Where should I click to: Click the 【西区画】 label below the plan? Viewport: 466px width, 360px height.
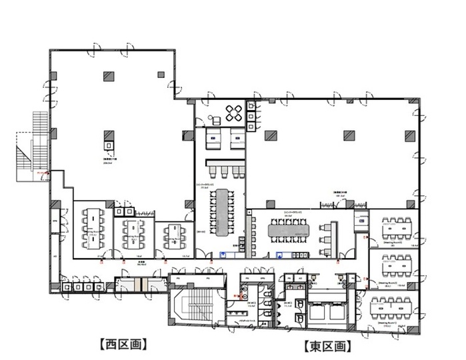[123, 345]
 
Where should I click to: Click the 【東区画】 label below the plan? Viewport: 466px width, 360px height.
[327, 346]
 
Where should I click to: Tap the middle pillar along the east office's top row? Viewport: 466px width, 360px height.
[348, 135]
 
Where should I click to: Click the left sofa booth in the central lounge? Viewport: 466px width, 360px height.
[213, 139]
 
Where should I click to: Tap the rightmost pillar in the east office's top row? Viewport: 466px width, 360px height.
[408, 135]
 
